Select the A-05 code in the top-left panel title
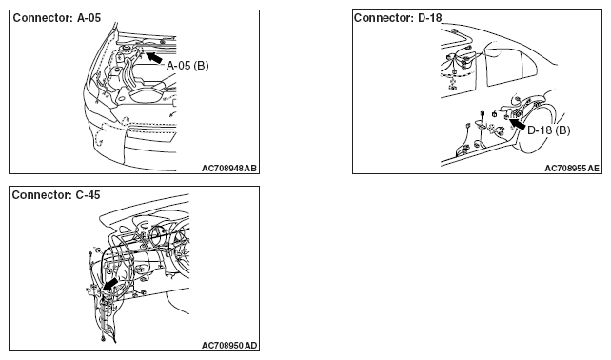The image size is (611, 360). (x=89, y=18)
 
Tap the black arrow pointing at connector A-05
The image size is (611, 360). (x=154, y=57)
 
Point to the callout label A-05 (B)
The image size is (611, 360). (x=187, y=66)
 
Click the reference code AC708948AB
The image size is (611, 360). (x=229, y=169)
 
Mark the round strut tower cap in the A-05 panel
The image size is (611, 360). (x=126, y=50)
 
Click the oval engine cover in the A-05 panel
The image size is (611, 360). (x=148, y=96)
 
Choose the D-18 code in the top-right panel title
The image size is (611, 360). (x=430, y=18)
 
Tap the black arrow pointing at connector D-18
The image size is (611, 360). (x=517, y=125)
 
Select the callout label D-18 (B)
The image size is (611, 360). (x=548, y=130)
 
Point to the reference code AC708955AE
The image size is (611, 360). (x=572, y=169)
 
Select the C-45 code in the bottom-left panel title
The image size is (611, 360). (x=89, y=195)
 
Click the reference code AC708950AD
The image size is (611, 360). (x=229, y=346)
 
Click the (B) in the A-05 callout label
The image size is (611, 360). (x=201, y=66)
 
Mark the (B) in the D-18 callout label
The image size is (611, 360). (x=562, y=130)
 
